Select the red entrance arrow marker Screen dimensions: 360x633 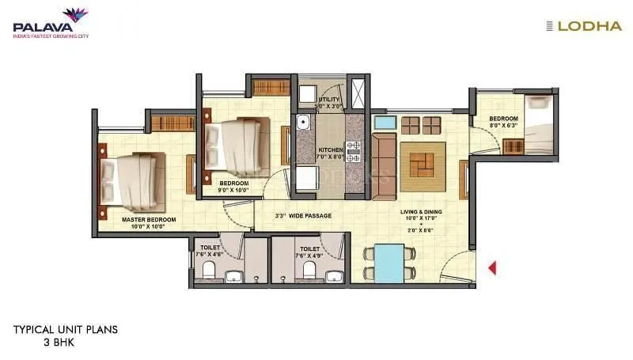(x=491, y=268)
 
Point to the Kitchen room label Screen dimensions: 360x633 (x=330, y=150)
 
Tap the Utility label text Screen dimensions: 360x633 (x=329, y=100)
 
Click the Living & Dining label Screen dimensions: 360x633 (x=421, y=213)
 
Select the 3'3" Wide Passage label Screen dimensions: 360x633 (x=303, y=215)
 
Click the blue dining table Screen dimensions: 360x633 (x=389, y=263)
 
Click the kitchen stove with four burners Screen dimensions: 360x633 (x=354, y=150)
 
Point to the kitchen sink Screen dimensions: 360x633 (x=301, y=124)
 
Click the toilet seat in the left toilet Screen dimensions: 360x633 (x=208, y=271)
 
